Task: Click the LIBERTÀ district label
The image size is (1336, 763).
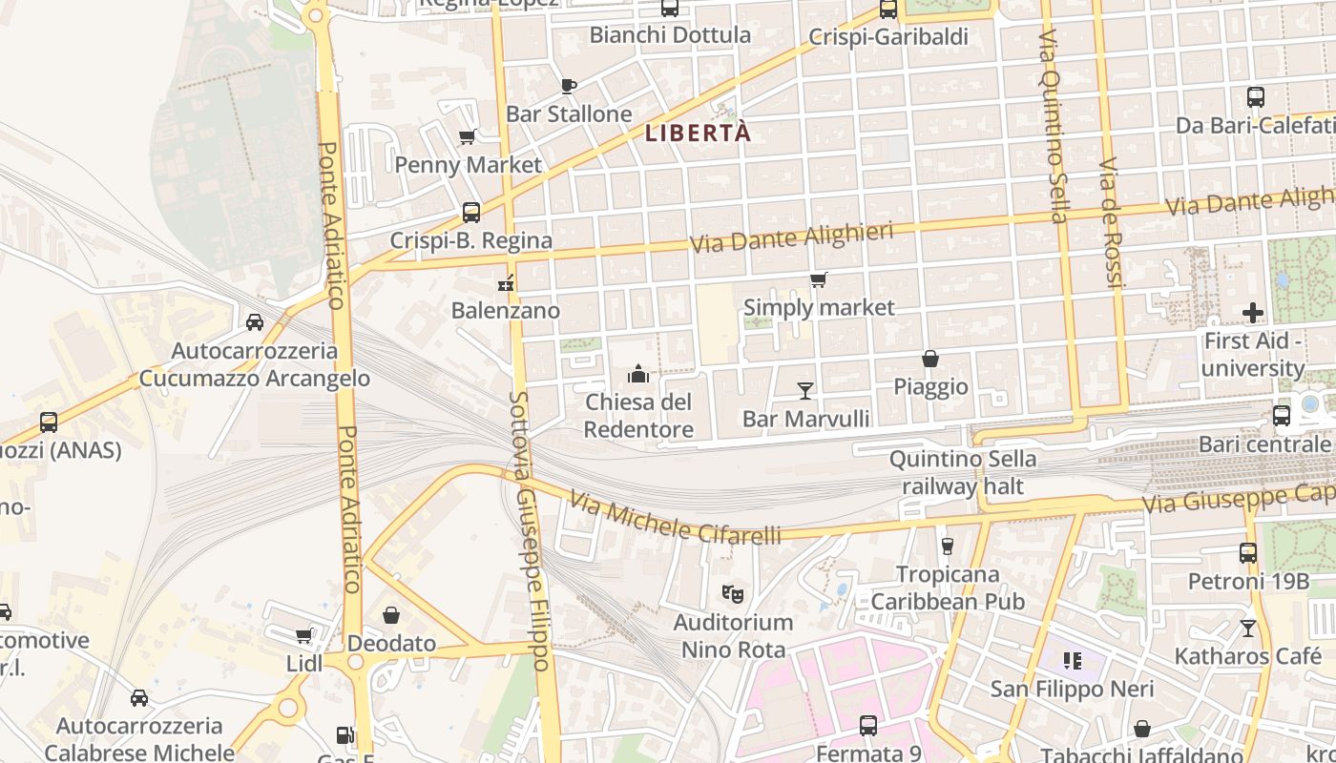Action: coord(698,134)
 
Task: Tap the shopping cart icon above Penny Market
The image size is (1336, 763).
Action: coord(468,136)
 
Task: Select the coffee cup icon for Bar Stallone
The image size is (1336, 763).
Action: coord(569,86)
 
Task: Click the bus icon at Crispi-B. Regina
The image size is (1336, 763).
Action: coord(470,212)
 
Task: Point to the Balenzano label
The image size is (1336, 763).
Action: coord(505,310)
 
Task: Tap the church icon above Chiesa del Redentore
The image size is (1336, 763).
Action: coord(638,373)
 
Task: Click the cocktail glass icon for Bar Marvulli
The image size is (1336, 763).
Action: coord(805,390)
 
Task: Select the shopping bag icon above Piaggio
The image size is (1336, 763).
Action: coord(930,359)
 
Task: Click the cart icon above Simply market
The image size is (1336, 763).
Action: coord(818,279)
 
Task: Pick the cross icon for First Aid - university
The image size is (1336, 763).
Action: coord(1252,312)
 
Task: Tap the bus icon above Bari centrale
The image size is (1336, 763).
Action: coord(1282,416)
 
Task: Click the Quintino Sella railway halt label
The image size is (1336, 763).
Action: coord(963,472)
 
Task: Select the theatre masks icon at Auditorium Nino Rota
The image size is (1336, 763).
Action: coord(732,593)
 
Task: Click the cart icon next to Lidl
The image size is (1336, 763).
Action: coord(304,635)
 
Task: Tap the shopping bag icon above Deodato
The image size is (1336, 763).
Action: coord(391,615)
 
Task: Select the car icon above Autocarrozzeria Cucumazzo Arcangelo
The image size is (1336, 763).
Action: coord(255,322)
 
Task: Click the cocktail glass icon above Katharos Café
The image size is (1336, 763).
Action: coord(1247,628)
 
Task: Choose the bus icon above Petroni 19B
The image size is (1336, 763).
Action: coord(1247,552)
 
